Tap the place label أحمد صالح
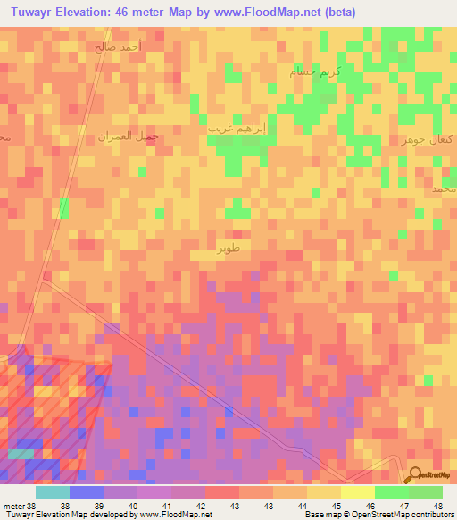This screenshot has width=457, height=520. pos(116,46)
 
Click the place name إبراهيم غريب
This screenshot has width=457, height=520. pos(237,128)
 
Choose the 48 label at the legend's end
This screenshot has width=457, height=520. pos(436,505)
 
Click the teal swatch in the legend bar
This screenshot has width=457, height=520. pos(52,492)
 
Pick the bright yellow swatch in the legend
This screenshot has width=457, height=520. pos(358,492)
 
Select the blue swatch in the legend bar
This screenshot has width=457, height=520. pos(87,492)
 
